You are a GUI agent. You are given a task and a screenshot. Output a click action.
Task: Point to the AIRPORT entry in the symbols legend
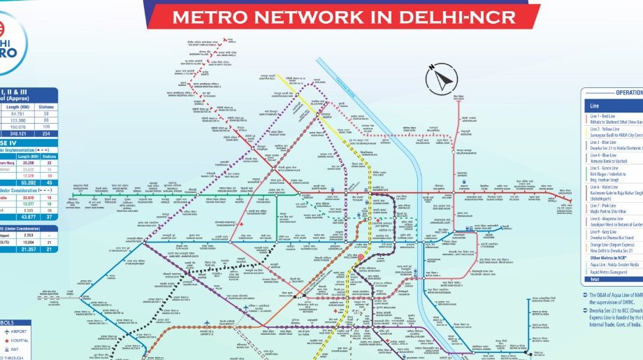[x=20, y=332]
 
